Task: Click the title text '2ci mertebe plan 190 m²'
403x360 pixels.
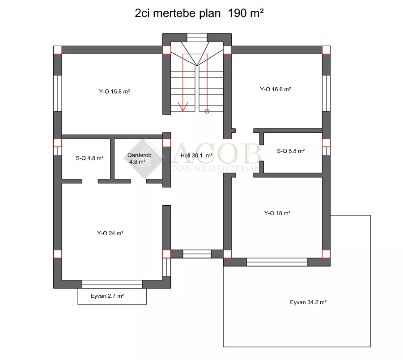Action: coord(199,13)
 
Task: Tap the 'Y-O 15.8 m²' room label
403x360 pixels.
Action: coord(115,92)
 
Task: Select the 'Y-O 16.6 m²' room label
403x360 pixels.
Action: coord(275,89)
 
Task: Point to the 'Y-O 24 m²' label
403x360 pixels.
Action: coord(110,233)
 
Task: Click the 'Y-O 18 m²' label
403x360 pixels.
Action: coord(277,213)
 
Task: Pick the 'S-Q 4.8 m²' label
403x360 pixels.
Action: coord(89,158)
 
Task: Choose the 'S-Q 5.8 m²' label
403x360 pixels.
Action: coord(291,151)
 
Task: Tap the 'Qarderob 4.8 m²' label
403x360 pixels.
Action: coord(139,158)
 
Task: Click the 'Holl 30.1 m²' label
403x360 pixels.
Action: coord(197,156)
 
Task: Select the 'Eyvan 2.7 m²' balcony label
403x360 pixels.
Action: coord(107,296)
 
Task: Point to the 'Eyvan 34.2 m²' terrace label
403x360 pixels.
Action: coord(308,302)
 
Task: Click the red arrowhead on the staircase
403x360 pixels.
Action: coord(183,106)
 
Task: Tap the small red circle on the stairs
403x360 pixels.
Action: coord(207,111)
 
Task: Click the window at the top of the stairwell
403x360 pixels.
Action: coord(197,38)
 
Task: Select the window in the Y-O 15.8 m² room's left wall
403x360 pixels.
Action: coord(58,93)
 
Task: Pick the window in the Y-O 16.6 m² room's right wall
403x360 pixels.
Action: coord(326,93)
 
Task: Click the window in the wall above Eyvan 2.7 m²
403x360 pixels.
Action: coord(112,284)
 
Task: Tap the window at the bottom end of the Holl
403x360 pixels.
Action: coord(197,254)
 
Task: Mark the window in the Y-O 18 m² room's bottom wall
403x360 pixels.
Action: coord(277,262)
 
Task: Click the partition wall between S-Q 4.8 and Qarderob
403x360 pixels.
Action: coord(112,159)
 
